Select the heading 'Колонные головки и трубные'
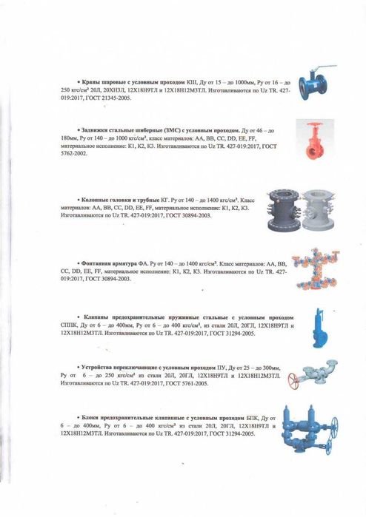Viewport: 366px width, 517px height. [110, 200]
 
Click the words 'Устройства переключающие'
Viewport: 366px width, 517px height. [116, 367]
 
